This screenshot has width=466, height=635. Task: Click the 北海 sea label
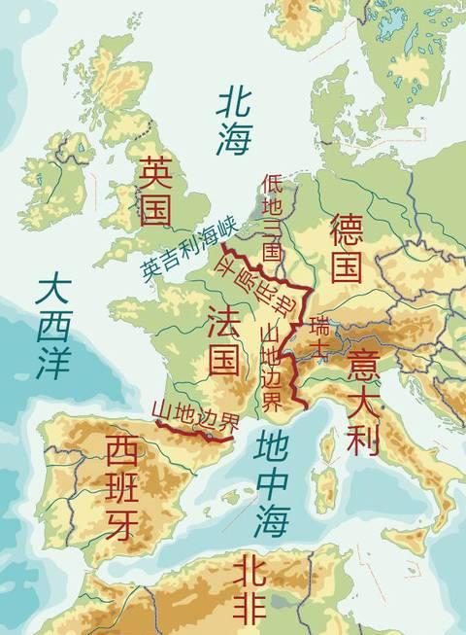[x=234, y=119]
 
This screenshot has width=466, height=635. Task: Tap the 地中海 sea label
[x=271, y=483]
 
